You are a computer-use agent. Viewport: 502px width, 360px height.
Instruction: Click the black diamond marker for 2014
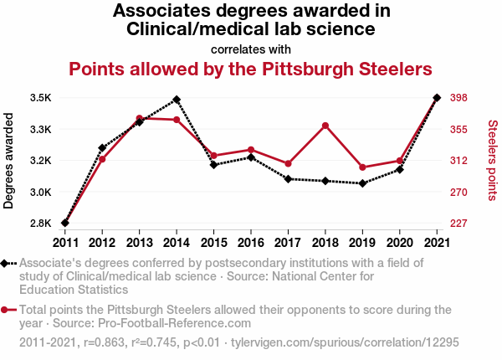pyautogui.click(x=177, y=100)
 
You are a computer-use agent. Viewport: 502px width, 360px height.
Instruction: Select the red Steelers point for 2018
pyautogui.click(x=325, y=126)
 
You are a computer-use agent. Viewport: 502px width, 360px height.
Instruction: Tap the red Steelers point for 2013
pyautogui.click(x=139, y=118)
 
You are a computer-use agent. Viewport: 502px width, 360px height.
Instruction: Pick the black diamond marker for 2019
pyautogui.click(x=362, y=183)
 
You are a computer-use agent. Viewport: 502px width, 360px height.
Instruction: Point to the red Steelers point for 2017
pyautogui.click(x=288, y=164)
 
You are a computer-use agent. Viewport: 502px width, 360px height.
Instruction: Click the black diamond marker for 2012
pyautogui.click(x=102, y=148)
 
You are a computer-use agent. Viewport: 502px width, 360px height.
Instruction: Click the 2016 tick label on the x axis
pyautogui.click(x=251, y=242)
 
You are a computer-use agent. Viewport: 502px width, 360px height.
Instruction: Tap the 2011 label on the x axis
pyautogui.click(x=65, y=242)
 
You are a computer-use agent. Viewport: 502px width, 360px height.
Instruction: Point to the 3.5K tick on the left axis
pyautogui.click(x=40, y=98)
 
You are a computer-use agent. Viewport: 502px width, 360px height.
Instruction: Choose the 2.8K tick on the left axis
pyautogui.click(x=40, y=224)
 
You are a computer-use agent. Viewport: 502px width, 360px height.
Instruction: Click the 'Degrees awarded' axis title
pyautogui.click(x=9, y=161)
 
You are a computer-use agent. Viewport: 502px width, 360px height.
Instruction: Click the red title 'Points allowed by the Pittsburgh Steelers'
pyautogui.click(x=250, y=68)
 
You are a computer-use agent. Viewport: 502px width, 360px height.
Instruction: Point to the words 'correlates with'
pyautogui.click(x=250, y=48)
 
